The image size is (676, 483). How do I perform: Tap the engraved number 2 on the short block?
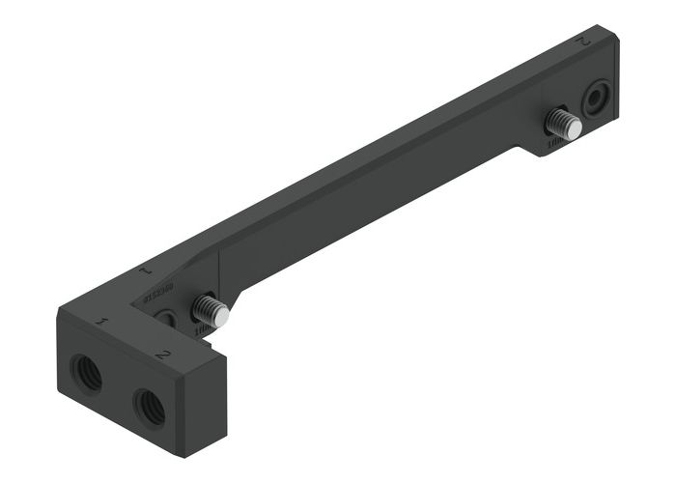click(163, 355)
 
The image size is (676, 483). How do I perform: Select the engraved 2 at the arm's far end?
click(581, 42)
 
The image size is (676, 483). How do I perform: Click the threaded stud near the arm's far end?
click(562, 124)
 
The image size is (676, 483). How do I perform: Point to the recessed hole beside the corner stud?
click(166, 318)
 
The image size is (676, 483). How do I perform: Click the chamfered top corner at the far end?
click(610, 39)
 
